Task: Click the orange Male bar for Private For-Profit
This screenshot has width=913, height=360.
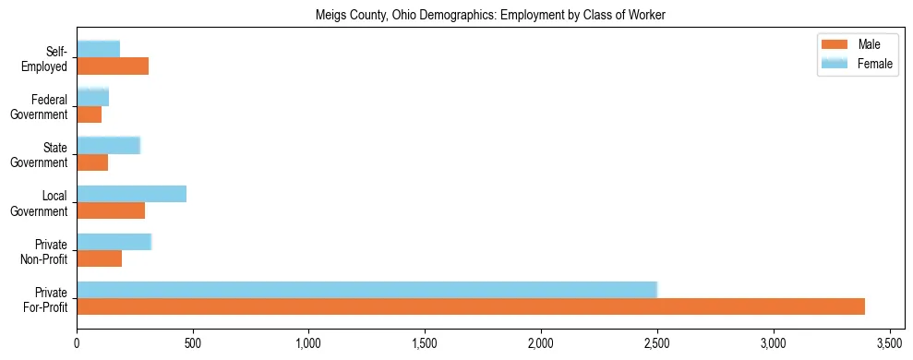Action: click(471, 306)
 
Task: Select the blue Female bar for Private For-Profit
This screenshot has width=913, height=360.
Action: click(366, 289)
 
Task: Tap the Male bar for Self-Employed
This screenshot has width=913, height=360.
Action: click(113, 66)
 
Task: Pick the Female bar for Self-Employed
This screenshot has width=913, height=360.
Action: click(99, 49)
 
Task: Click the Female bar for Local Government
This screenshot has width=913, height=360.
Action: click(132, 193)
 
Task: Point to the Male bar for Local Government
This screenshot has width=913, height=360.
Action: click(111, 210)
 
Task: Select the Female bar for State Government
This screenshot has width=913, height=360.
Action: click(109, 145)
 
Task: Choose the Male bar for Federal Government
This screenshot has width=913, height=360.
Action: click(90, 114)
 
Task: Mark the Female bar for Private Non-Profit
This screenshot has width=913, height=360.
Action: click(114, 242)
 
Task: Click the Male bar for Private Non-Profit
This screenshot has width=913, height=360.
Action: click(100, 258)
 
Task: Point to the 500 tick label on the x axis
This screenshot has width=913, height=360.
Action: click(193, 343)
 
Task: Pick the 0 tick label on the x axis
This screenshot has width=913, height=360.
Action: click(77, 343)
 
